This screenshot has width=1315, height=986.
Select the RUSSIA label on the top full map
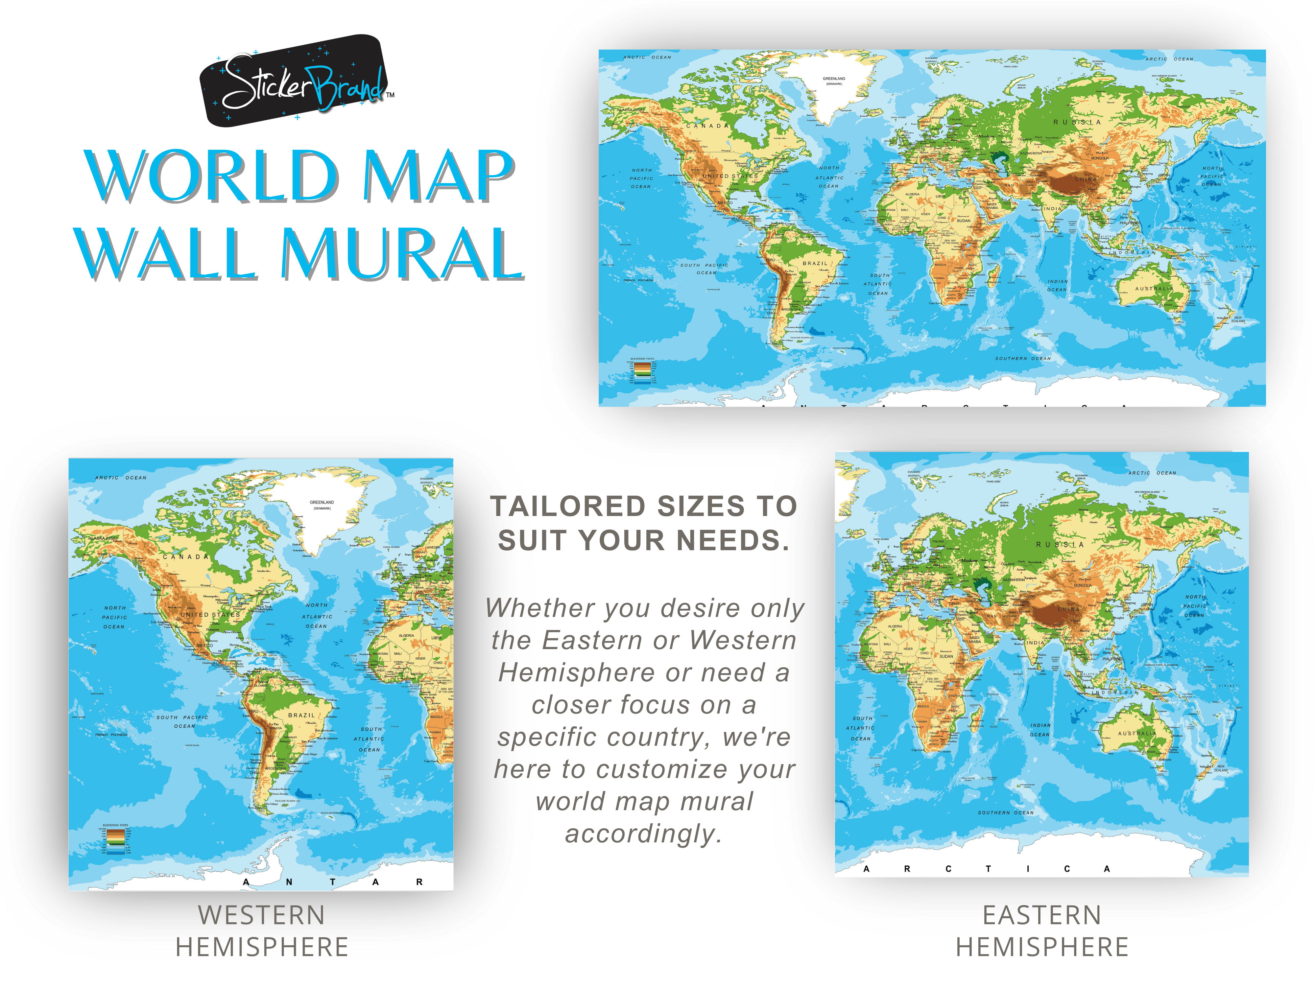1077,122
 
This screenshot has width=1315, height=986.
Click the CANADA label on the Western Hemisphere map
186,557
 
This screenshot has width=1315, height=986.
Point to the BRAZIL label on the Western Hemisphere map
301,716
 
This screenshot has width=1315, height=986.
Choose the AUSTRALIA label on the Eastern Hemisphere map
1137,733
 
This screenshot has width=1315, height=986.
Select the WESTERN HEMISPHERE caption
262,931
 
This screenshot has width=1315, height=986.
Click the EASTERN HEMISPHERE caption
1042,931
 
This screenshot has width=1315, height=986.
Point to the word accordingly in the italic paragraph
644,833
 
